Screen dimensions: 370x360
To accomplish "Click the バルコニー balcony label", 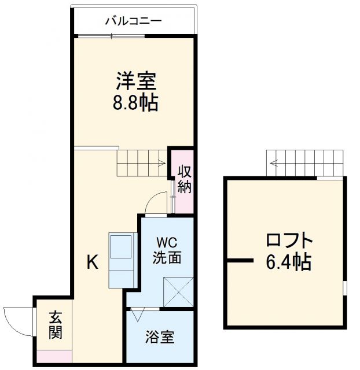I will point(133,22).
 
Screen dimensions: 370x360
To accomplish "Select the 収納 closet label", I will point(184,180).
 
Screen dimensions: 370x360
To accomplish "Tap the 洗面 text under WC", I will point(167,258).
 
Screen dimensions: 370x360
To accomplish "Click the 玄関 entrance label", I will point(56,325).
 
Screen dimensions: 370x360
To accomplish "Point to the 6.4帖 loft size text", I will point(288,262).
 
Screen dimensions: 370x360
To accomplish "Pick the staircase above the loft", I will point(306,163).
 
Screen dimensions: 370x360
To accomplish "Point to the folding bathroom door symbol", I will point(137,315).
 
